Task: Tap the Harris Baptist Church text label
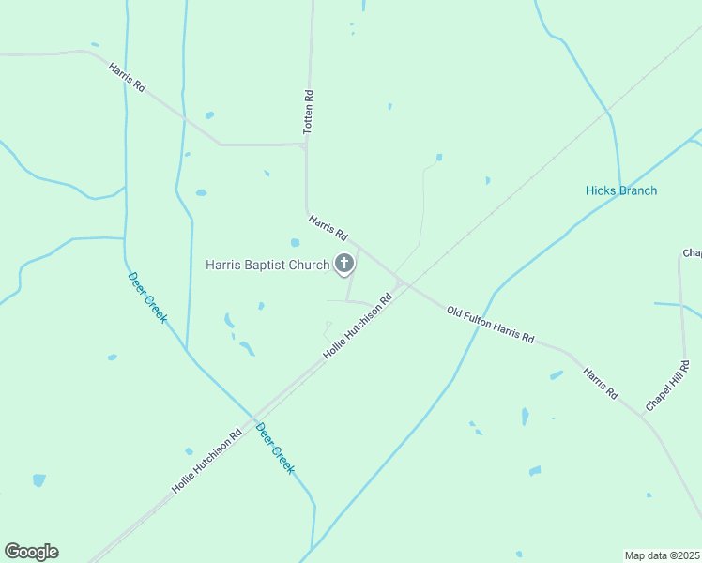coord(267,265)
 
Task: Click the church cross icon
coord(344,264)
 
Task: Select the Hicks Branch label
coord(621,190)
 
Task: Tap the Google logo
coord(31,552)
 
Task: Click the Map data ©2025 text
coord(662,555)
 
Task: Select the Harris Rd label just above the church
coord(328,227)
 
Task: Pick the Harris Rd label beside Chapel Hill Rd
coord(600,381)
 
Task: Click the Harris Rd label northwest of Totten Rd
coord(127,77)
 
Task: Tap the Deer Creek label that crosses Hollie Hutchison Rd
coord(275,448)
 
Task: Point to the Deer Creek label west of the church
coord(147,296)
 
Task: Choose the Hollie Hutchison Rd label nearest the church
coord(358,327)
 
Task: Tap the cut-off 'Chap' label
coord(692,253)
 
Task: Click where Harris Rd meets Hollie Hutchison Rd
coord(401,283)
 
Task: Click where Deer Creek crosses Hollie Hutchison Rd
coord(254,417)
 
